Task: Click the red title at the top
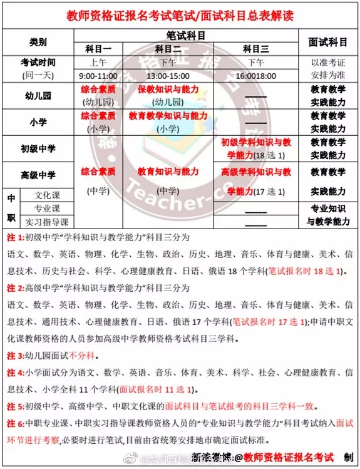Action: point(180,14)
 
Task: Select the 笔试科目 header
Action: point(186,36)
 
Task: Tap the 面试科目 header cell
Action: point(328,42)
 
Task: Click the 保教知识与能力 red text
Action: point(167,90)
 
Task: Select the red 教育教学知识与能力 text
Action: point(167,116)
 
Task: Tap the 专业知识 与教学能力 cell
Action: point(328,215)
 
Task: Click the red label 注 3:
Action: point(15,355)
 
